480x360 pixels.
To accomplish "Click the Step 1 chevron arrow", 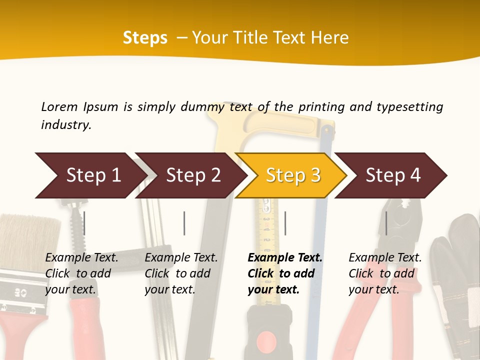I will (90, 175).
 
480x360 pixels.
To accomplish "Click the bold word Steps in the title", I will (145, 38).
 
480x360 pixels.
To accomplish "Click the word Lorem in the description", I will (59, 106).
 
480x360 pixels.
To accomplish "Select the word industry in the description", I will (66, 125).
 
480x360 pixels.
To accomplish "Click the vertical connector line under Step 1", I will (84, 223).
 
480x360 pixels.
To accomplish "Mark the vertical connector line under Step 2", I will (184, 223).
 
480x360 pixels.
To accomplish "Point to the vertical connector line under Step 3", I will (285, 223).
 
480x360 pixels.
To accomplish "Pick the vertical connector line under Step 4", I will (386, 223).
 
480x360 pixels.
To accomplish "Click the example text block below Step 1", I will (81, 273).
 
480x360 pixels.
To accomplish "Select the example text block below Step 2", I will (181, 273).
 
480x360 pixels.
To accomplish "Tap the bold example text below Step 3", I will (285, 273).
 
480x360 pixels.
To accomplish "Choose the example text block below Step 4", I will (385, 273).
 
